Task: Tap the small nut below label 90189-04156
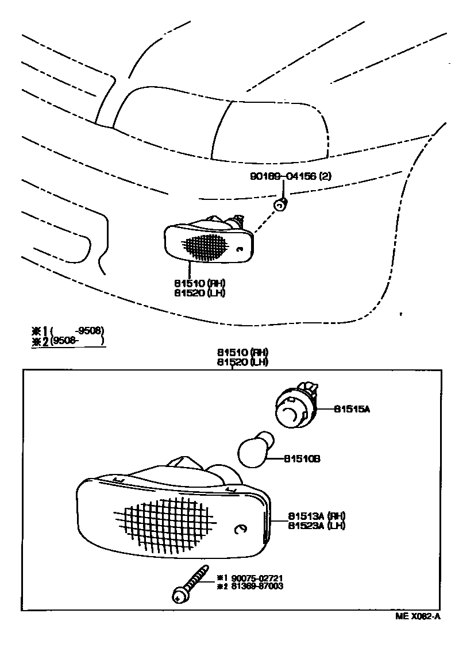pyautogui.click(x=280, y=204)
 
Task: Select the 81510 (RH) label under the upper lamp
pyautogui.click(x=200, y=283)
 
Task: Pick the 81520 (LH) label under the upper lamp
pyautogui.click(x=200, y=292)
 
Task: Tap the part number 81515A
pyautogui.click(x=352, y=409)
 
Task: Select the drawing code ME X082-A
pyautogui.click(x=418, y=617)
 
